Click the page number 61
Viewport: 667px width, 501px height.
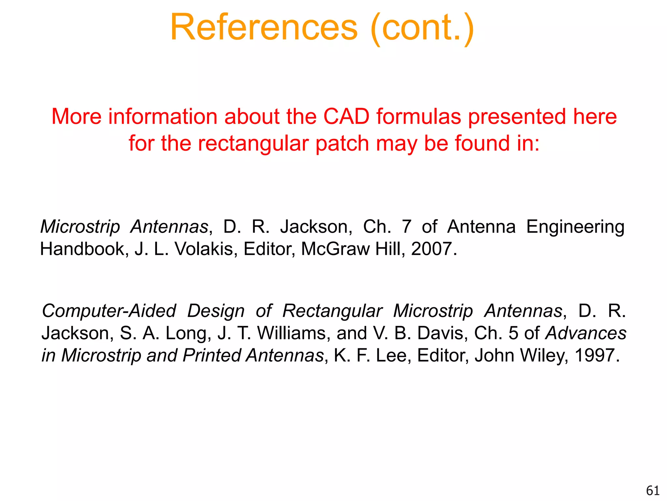(652, 491)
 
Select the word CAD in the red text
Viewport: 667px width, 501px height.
(346, 117)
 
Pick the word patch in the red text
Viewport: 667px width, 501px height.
(342, 144)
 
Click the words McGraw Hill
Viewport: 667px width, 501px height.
(353, 249)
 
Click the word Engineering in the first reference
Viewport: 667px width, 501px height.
(575, 227)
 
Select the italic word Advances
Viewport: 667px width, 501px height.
(586, 333)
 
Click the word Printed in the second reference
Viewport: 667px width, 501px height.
(211, 355)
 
